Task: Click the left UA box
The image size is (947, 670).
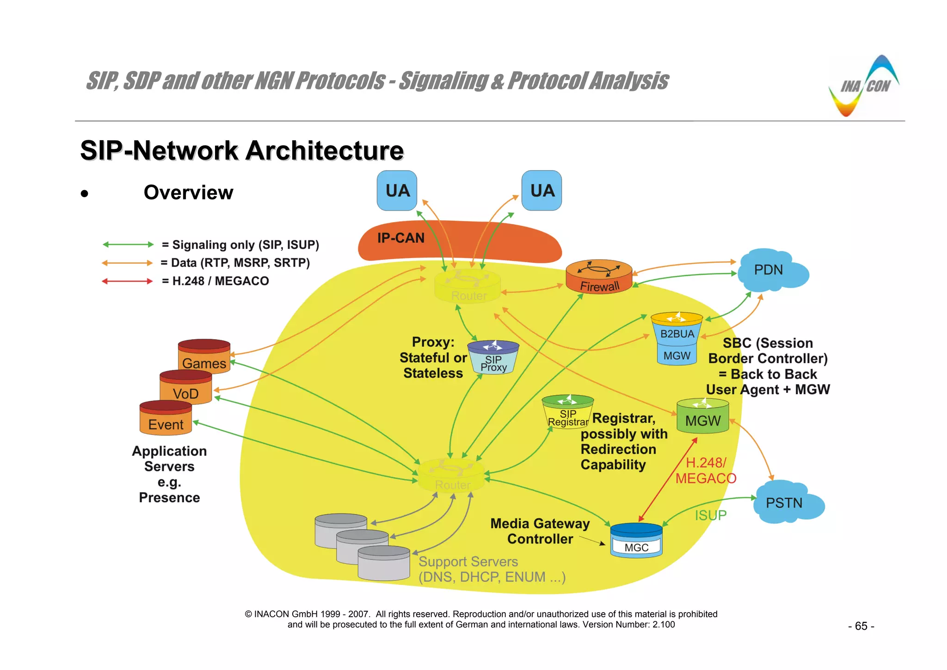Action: tap(397, 191)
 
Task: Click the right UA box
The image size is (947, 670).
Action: tap(541, 191)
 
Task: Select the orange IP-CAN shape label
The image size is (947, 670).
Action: tap(400, 238)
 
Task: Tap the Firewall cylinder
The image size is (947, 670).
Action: tap(599, 277)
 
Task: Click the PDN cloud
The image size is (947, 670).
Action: tap(770, 271)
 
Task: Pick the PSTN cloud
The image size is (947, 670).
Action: tap(786, 503)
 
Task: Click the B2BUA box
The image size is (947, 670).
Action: tap(677, 333)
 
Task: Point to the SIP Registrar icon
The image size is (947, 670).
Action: tap(567, 412)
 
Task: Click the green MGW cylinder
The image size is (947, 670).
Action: tap(702, 417)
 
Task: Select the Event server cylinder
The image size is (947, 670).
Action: tap(166, 419)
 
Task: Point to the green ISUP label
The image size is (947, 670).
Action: tap(710, 515)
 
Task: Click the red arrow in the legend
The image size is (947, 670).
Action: tap(127, 281)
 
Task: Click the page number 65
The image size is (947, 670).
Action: tap(861, 626)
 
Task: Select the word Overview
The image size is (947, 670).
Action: tap(188, 192)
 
